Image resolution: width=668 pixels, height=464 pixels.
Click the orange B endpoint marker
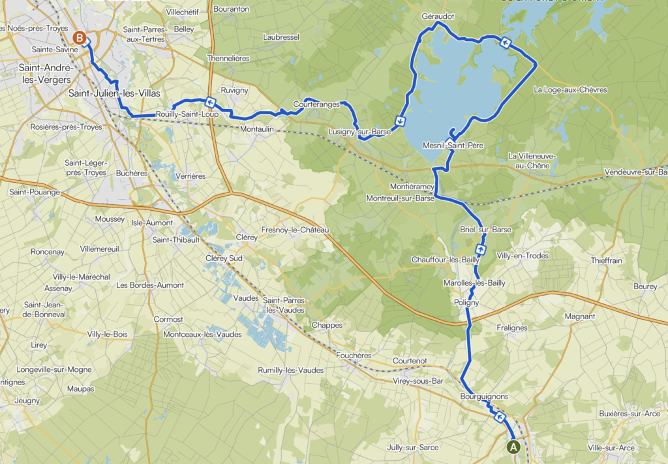[x=80, y=39]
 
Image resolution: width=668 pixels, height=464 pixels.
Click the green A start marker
[x=513, y=447]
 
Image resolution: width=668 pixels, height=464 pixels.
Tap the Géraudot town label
[x=437, y=15]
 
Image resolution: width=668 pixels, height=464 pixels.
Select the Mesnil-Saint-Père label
[x=453, y=146]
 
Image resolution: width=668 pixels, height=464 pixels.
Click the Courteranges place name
[x=316, y=104]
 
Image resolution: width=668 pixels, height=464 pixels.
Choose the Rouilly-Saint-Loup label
[x=187, y=115]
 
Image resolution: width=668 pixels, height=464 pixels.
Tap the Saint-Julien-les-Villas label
[x=114, y=93]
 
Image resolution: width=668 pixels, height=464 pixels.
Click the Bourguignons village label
[x=483, y=396]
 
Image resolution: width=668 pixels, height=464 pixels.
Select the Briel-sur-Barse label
[x=485, y=230]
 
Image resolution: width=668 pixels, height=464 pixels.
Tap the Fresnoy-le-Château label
[x=296, y=230]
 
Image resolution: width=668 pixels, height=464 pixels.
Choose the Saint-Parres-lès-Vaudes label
[x=285, y=305]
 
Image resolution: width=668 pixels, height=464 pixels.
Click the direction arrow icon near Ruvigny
[x=210, y=102]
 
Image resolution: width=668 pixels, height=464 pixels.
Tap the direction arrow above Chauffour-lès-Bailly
[x=481, y=249]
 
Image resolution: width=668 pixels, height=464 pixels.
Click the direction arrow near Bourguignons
[x=500, y=417]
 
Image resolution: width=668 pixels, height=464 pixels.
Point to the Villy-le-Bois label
[x=108, y=334]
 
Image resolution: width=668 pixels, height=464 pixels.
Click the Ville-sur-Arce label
[x=611, y=448]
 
